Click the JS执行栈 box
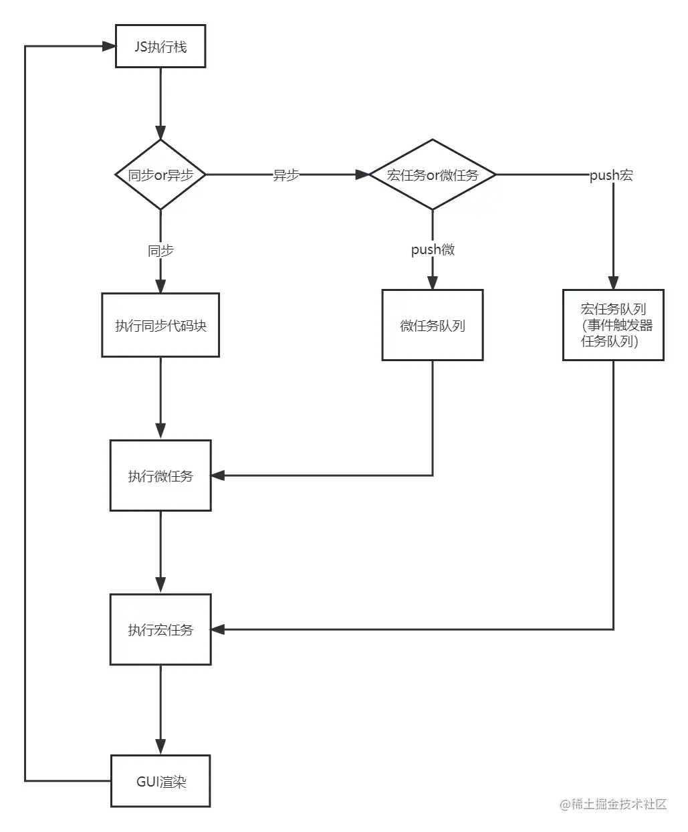tap(160, 47)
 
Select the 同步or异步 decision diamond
tap(160, 175)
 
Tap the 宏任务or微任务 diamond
tap(433, 175)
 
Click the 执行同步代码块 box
tap(160, 325)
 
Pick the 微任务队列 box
tap(433, 325)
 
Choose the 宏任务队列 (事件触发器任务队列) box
tap(613, 325)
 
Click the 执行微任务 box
tap(160, 476)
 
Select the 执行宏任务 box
tap(160, 629)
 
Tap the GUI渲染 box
tap(160, 781)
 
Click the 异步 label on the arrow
tap(286, 175)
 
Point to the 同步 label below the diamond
tap(160, 251)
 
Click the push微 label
tap(433, 249)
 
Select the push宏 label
tap(611, 175)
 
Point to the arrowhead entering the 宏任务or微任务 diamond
tap(362, 175)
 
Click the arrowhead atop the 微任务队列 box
tap(433, 282)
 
